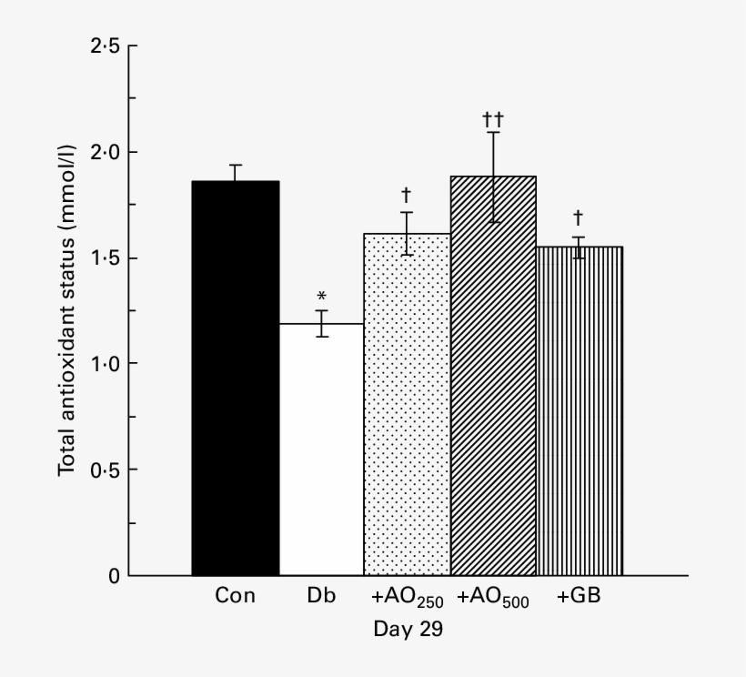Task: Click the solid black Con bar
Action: [x=235, y=378]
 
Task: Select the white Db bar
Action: [x=321, y=450]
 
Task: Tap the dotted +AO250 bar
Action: [x=407, y=404]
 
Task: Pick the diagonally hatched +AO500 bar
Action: [x=493, y=375]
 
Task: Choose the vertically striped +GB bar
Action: [x=580, y=410]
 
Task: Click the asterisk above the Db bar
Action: [x=321, y=297]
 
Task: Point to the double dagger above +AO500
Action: [x=493, y=119]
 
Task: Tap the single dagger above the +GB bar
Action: [x=579, y=218]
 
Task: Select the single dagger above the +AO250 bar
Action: [x=407, y=195]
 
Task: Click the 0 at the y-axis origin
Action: [x=113, y=576]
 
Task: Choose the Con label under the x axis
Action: [x=235, y=598]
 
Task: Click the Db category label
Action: [x=321, y=598]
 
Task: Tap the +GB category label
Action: [x=580, y=598]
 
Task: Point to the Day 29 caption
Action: [x=408, y=630]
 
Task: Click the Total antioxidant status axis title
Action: [x=68, y=309]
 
